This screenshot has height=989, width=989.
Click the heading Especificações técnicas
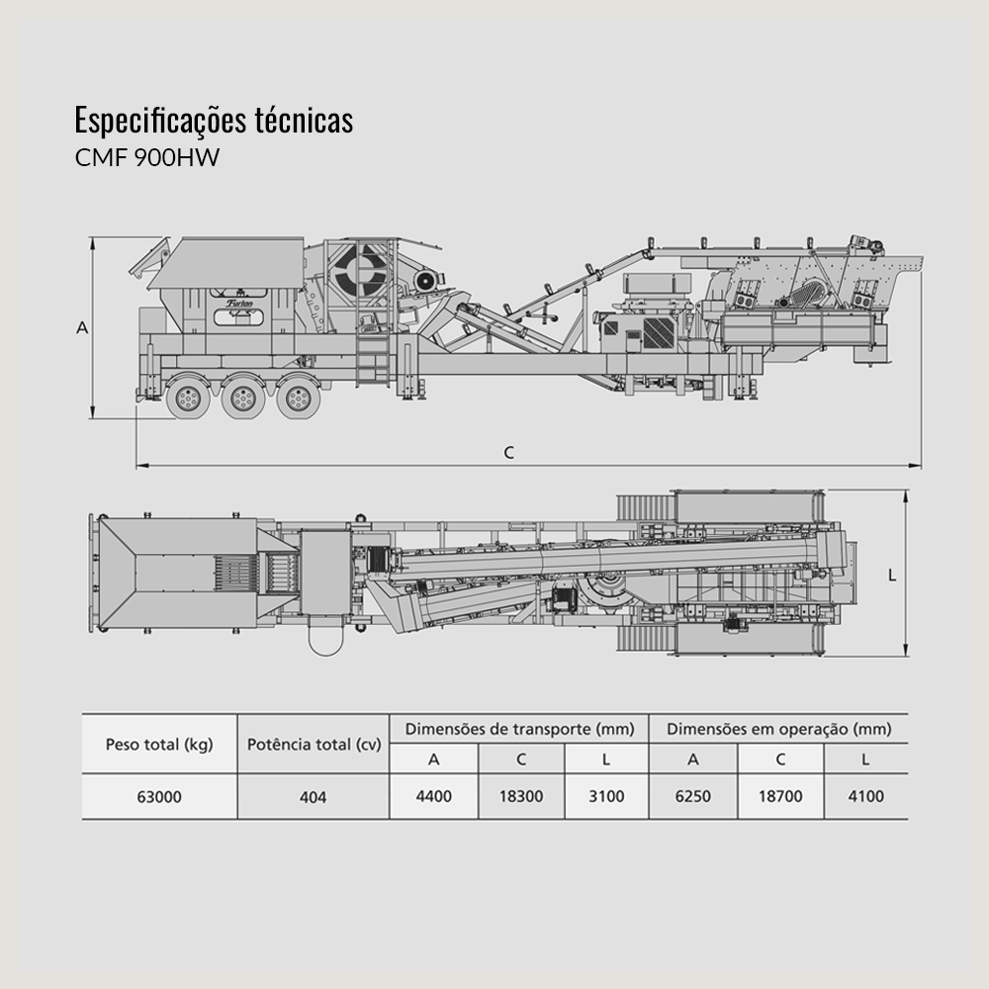pyautogui.click(x=214, y=121)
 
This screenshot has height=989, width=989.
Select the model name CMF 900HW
pyautogui.click(x=147, y=157)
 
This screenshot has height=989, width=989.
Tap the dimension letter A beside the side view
pyautogui.click(x=83, y=328)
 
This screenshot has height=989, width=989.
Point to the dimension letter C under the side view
pyautogui.click(x=508, y=453)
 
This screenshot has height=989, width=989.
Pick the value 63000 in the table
pyautogui.click(x=158, y=796)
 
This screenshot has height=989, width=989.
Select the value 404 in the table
pyautogui.click(x=314, y=796)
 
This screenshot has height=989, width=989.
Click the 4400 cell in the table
pyautogui.click(x=433, y=796)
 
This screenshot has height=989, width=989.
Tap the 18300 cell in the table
pyautogui.click(x=521, y=796)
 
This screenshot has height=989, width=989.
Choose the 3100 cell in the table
pyautogui.click(x=606, y=796)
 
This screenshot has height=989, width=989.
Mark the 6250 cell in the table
pyautogui.click(x=692, y=796)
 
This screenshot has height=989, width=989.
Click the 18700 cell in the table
pyautogui.click(x=779, y=796)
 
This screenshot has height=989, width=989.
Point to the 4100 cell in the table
pyautogui.click(x=865, y=796)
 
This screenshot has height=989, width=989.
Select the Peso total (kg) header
pyautogui.click(x=158, y=745)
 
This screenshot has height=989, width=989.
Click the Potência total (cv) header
pyautogui.click(x=314, y=745)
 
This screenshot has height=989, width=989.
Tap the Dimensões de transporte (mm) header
pyautogui.click(x=518, y=730)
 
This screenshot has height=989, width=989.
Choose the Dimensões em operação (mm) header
pyautogui.click(x=778, y=730)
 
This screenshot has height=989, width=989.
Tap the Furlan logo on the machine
pyautogui.click(x=239, y=303)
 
